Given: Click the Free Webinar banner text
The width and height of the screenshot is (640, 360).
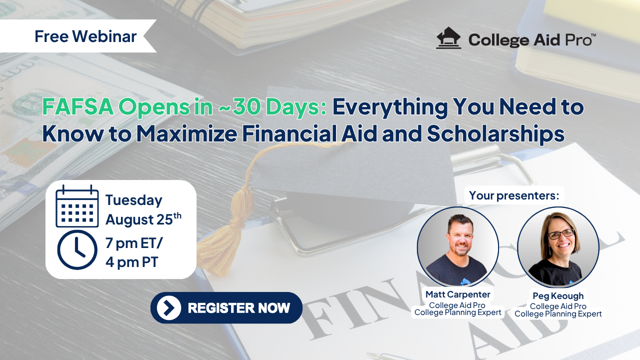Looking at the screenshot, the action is click(x=85, y=36).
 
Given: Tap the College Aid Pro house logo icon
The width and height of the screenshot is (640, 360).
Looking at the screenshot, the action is click(x=448, y=38).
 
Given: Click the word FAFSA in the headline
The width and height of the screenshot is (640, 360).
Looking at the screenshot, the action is click(x=77, y=107).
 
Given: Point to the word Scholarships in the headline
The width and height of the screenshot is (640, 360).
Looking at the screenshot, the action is click(x=495, y=133).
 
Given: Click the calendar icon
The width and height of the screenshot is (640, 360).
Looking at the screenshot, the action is click(x=77, y=206).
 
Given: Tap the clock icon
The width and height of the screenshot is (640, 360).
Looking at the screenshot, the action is click(x=77, y=250).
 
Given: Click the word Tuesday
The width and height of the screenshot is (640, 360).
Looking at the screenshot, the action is click(x=134, y=200).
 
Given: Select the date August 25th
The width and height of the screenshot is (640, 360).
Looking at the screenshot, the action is click(x=143, y=219).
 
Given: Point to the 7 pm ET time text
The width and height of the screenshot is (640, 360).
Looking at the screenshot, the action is click(x=133, y=243).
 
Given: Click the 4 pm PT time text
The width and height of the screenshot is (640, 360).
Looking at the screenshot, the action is click(x=131, y=262).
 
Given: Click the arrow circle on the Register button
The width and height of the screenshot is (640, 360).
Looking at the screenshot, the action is click(x=169, y=307).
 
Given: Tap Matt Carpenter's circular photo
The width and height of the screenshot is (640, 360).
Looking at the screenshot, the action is click(x=457, y=247).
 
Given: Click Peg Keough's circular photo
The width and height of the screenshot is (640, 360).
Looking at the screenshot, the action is click(x=558, y=247).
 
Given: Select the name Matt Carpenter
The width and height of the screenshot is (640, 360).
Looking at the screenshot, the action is click(x=457, y=294).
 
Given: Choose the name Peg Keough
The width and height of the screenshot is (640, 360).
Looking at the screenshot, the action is click(x=558, y=295).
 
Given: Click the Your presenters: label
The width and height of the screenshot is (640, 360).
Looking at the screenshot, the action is click(x=514, y=195).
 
